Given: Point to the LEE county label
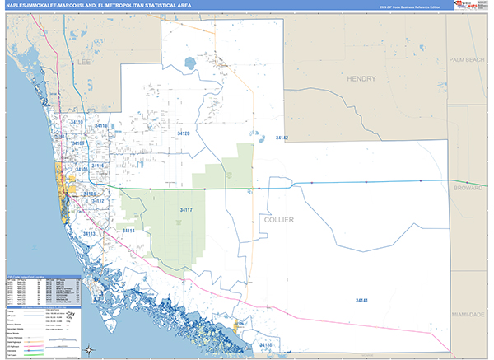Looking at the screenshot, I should pos(84,61).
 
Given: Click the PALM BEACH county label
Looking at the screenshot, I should pos(468,60).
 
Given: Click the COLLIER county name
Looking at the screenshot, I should pos(279,220).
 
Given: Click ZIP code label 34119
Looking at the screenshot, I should pos(100,126).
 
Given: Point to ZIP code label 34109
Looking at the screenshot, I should pos(78,143).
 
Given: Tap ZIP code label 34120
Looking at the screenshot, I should pos(183,133).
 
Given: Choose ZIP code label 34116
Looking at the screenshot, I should pos(98,166).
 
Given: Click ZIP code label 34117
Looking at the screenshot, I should pos(186,210).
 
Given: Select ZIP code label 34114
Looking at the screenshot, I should pos(128,231).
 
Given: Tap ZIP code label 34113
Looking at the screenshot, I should pos(90,234).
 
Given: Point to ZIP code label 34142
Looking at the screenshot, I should pos(282,138).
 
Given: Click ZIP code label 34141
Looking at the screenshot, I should pos(361,300).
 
